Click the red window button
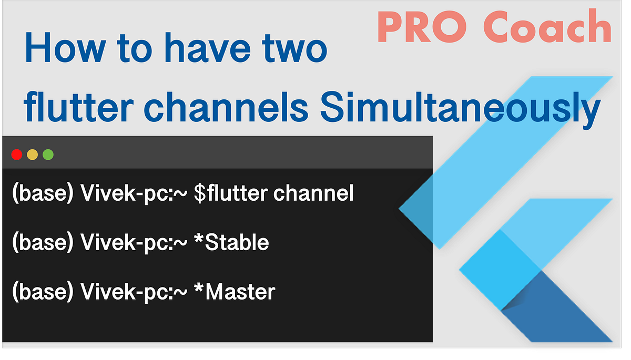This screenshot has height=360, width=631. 16,155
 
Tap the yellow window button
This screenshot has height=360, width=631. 32,155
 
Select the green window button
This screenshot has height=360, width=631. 48,155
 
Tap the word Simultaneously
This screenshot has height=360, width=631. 460,109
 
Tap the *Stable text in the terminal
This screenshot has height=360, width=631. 231,242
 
